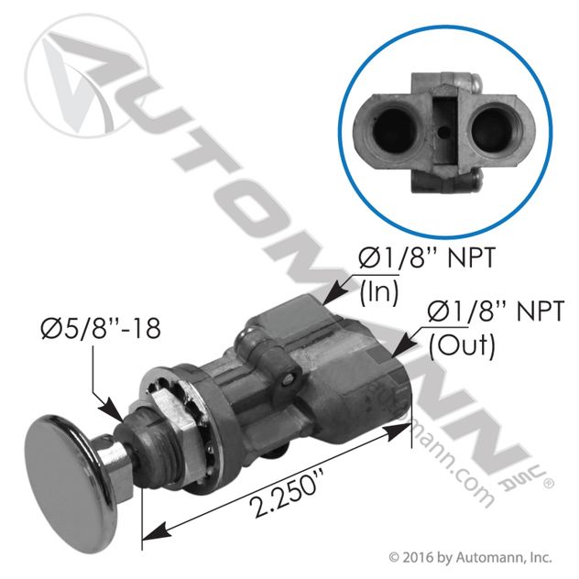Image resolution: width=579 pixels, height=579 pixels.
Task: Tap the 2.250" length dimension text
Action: [285, 492]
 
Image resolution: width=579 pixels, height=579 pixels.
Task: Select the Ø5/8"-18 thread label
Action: [101, 328]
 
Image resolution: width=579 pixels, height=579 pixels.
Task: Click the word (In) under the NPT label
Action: [379, 293]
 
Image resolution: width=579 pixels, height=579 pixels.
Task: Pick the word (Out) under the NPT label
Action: [462, 346]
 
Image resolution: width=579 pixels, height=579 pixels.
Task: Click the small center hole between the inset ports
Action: [445, 131]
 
